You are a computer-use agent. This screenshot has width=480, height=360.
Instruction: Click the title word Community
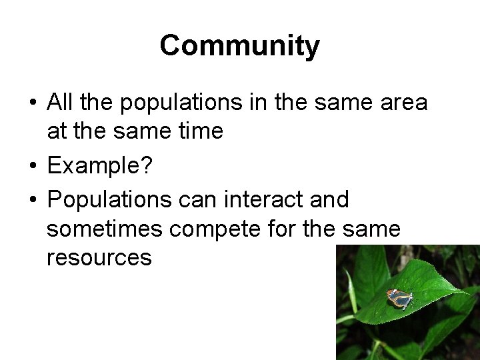(240, 46)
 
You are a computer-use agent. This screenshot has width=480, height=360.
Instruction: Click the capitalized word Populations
(105, 199)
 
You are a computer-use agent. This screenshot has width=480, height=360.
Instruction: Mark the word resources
(99, 258)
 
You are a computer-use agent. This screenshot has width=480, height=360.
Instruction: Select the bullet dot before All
(32, 104)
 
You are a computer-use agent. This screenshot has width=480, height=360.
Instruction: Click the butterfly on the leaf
(399, 299)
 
